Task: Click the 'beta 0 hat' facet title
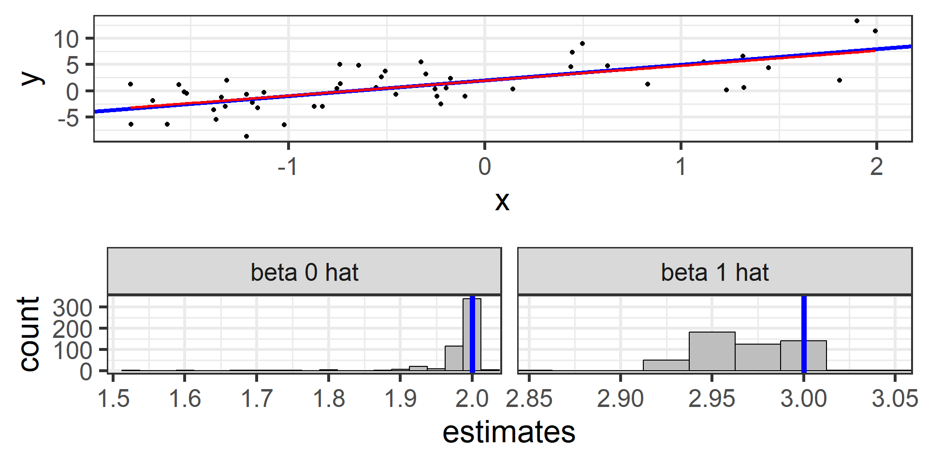304,273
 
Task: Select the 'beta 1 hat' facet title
714,273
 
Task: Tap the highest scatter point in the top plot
857,21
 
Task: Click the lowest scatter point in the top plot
246,136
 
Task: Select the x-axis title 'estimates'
509,432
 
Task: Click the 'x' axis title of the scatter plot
502,201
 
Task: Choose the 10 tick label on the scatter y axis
66,39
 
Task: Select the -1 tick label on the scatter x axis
288,167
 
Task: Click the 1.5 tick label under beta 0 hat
113,399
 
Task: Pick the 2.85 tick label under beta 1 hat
529,399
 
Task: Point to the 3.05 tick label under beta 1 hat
895,399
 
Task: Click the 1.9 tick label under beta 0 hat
400,399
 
